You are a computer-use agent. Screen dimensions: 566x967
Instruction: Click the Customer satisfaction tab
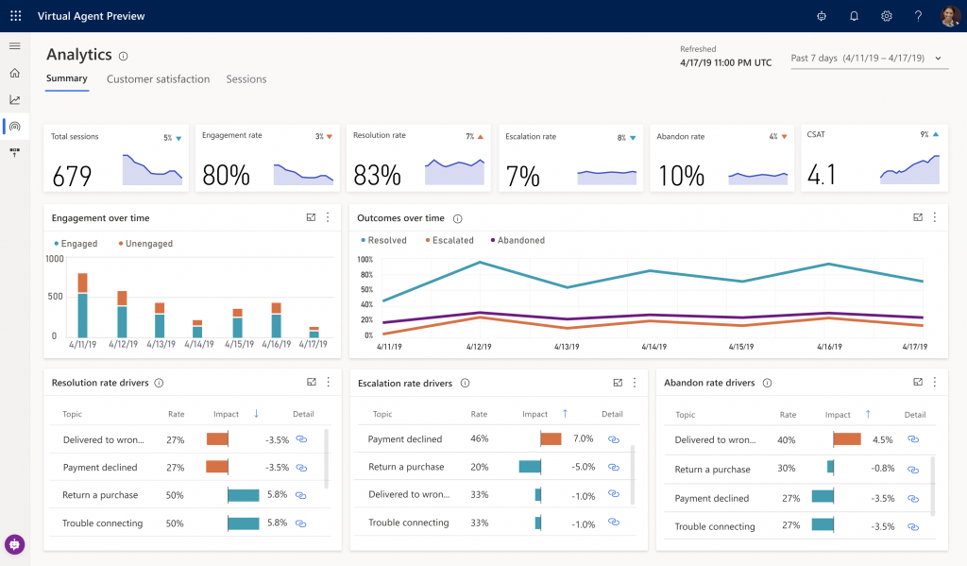(x=158, y=79)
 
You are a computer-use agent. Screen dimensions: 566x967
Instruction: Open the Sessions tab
(x=246, y=79)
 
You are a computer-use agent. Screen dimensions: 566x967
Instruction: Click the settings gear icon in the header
(x=886, y=16)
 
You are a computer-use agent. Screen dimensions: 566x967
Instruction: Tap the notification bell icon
(x=854, y=16)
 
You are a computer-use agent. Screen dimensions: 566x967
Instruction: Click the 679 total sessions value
(x=72, y=176)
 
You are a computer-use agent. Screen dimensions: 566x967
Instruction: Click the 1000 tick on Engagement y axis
(x=55, y=259)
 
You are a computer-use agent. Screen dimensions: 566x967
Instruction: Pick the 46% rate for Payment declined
(x=479, y=439)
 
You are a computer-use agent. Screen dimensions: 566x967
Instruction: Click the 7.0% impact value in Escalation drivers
(x=583, y=439)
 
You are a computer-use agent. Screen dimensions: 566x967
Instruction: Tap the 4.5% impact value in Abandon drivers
(x=882, y=439)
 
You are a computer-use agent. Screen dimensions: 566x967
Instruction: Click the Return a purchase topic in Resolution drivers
(x=100, y=495)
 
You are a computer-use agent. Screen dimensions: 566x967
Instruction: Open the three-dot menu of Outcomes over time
(x=935, y=217)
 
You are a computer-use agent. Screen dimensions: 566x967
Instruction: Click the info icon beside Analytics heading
(x=124, y=57)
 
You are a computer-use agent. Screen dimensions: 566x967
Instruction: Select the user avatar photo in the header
(x=949, y=16)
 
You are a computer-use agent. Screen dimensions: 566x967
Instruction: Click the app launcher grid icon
(x=15, y=16)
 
